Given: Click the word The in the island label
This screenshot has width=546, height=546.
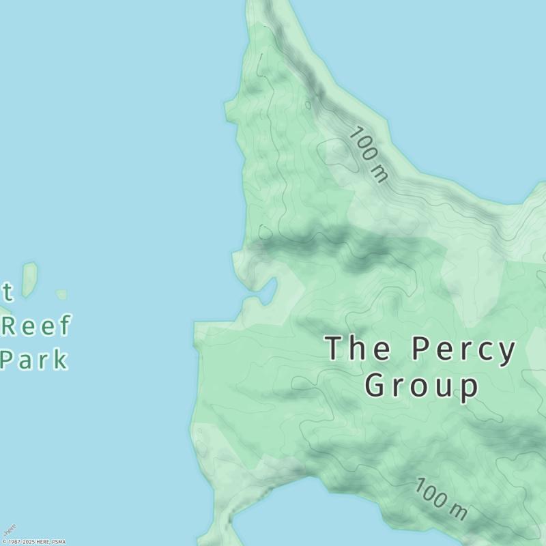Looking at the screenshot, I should click(358, 349).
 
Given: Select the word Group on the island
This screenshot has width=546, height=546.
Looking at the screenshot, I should click(421, 386).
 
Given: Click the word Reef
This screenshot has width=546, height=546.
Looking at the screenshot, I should click(36, 326).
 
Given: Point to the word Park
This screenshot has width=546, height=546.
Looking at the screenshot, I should click(34, 359).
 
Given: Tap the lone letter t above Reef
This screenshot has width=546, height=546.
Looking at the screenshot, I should click(7, 292).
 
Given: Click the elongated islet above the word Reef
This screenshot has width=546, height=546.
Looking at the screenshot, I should click(29, 279).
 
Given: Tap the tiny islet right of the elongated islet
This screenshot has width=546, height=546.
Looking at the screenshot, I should click(61, 294).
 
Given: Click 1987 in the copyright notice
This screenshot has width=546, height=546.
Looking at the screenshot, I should click(14, 542).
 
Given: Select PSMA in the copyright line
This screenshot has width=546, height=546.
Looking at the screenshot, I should click(58, 542).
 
